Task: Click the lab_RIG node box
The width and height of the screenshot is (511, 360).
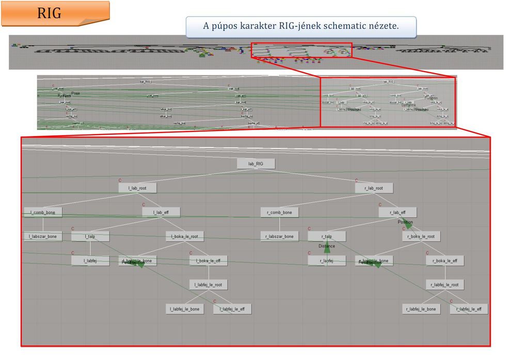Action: [256, 163]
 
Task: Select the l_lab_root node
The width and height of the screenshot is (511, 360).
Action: [137, 188]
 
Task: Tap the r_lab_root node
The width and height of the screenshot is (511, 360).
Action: [374, 188]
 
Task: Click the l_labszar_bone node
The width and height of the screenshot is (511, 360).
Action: [43, 237]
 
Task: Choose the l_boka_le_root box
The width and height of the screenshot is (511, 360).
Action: [185, 236]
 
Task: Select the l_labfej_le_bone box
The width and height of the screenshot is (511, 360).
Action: [184, 309]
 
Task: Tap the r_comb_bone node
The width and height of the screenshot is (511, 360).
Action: [280, 212]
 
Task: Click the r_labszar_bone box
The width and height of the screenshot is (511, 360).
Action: [280, 236]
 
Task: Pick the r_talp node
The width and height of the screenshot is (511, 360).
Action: [327, 236]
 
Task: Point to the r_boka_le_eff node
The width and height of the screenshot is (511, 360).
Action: [445, 260]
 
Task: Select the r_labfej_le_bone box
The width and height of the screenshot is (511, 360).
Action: [421, 309]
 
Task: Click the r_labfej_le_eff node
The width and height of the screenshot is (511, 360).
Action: [469, 309]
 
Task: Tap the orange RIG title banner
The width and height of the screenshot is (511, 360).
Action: [55, 14]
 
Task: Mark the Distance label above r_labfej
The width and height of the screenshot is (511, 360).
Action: [326, 247]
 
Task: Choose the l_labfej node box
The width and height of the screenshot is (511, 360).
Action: [90, 260]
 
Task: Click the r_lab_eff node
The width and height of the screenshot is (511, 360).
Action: [397, 212]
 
